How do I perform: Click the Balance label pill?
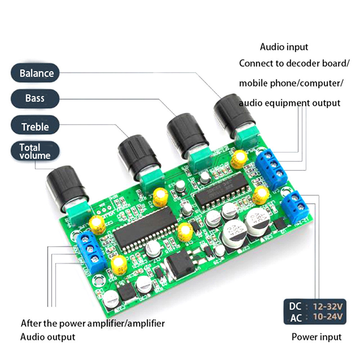(x=35, y=73)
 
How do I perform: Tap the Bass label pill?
(x=35, y=98)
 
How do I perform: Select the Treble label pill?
(x=35, y=127)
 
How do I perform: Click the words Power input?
(x=316, y=337)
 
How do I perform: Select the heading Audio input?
(x=284, y=47)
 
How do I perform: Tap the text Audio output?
(x=48, y=337)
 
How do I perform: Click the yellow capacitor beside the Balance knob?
(x=239, y=159)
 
